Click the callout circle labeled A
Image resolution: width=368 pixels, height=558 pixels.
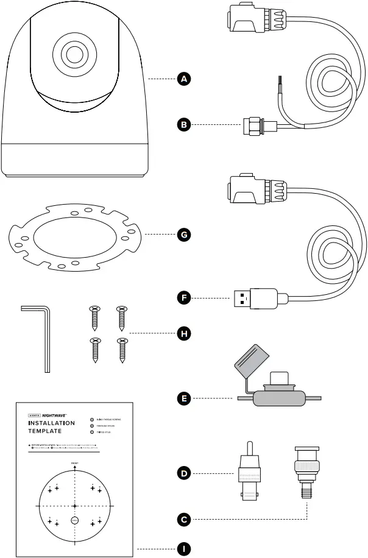pos(182,79)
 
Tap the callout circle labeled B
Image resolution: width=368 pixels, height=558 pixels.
pos(182,125)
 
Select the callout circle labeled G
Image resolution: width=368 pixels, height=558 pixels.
pos(182,234)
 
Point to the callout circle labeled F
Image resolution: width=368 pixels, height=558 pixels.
pos(182,298)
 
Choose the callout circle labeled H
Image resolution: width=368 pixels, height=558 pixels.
pos(182,333)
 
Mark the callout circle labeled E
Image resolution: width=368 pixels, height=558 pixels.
pos(182,399)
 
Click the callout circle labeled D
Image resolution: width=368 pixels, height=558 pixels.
pos(182,472)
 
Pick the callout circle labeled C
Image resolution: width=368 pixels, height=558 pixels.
pos(182,520)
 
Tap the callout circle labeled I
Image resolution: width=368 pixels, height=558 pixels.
pos(182,548)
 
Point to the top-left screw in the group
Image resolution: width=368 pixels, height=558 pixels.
pos(94,317)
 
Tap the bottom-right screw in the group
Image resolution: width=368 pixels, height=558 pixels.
pos(121,350)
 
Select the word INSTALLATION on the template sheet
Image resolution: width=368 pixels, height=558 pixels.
pos(52,423)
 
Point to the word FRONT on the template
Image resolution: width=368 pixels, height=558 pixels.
pos(74,464)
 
